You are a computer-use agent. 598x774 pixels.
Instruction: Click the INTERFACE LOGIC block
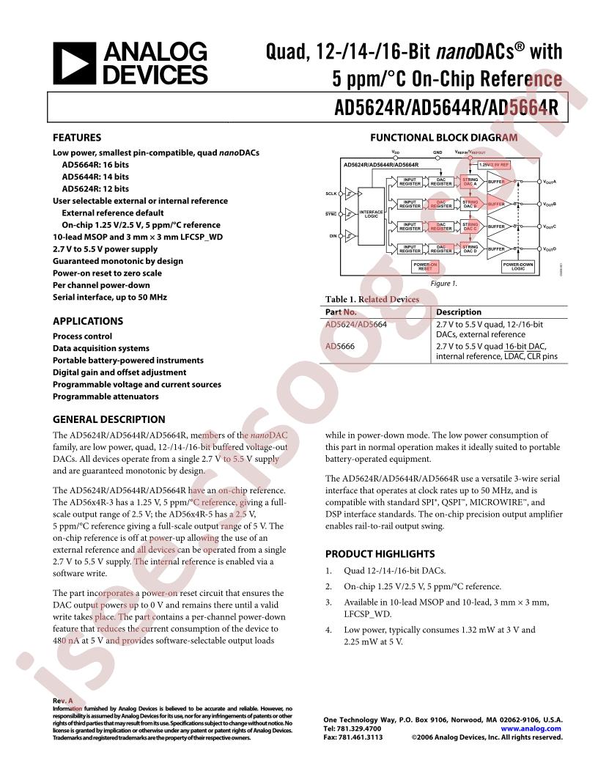[372, 213]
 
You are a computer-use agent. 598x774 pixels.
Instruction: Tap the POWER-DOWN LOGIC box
[518, 267]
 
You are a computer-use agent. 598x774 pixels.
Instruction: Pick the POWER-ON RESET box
[425, 267]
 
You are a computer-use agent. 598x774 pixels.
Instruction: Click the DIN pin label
[332, 236]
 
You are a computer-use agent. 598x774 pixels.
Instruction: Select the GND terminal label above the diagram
[438, 152]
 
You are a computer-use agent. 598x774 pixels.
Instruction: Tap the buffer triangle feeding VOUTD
[497, 249]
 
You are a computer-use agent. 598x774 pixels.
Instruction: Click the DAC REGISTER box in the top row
[440, 181]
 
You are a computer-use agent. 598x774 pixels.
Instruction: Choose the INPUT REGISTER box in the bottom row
[410, 249]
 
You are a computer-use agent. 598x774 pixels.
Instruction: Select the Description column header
[459, 312]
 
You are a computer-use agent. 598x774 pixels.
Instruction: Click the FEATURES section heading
[77, 137]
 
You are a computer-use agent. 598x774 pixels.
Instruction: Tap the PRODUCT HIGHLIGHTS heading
[380, 554]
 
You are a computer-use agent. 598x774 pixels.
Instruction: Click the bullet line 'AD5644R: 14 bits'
[95, 177]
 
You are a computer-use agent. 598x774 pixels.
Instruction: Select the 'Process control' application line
[82, 336]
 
